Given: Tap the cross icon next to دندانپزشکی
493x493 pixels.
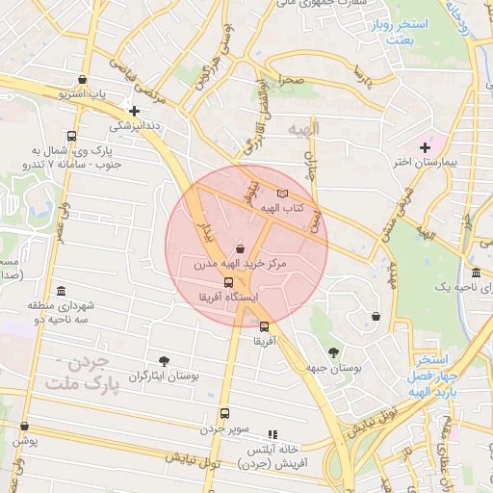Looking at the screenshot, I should coord(135,111).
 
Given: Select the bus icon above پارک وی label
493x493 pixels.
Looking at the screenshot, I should coord(71,136).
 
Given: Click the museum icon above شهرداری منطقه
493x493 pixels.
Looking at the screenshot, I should coord(62,291).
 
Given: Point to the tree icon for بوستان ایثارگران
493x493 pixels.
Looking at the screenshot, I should coord(164,361).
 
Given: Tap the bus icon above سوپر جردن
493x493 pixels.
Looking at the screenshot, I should coord(224,413).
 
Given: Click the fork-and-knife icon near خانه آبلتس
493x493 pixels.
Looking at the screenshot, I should coord(272,434).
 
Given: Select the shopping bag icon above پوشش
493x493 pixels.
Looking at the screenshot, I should coord(24,426).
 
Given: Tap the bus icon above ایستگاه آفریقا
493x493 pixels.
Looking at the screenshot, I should coord(228,282).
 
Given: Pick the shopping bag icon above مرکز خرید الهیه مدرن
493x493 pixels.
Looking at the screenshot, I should coord(240,248).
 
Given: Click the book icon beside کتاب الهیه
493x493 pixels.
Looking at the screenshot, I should coord(282,194).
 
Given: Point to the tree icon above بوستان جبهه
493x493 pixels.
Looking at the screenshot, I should coord(334,352).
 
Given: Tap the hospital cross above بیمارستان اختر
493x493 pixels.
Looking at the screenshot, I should coord(425,146).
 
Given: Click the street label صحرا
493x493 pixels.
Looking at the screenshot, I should coord(292,80).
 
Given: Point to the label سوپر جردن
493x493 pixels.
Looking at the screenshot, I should coord(225,427).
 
